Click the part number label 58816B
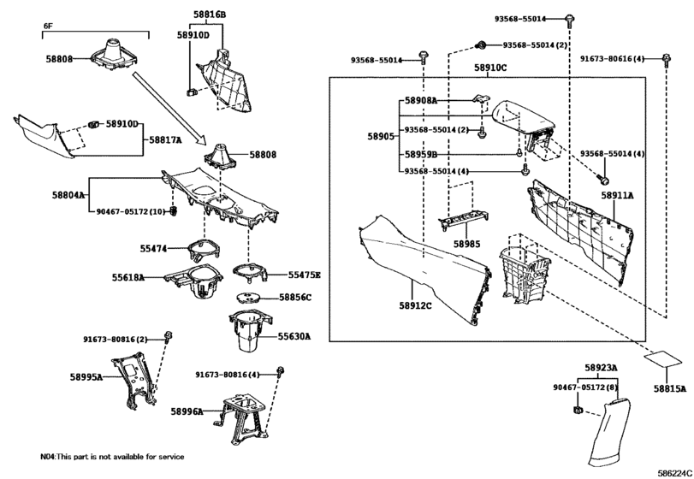point(209,15)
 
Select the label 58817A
point(166,139)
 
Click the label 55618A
point(128,278)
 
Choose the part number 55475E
point(304,275)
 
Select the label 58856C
point(296,298)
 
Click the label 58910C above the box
point(490,67)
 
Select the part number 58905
point(381,136)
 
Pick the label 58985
point(467,244)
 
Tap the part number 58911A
point(616,196)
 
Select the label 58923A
point(602,368)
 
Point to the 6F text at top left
point(49,26)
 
